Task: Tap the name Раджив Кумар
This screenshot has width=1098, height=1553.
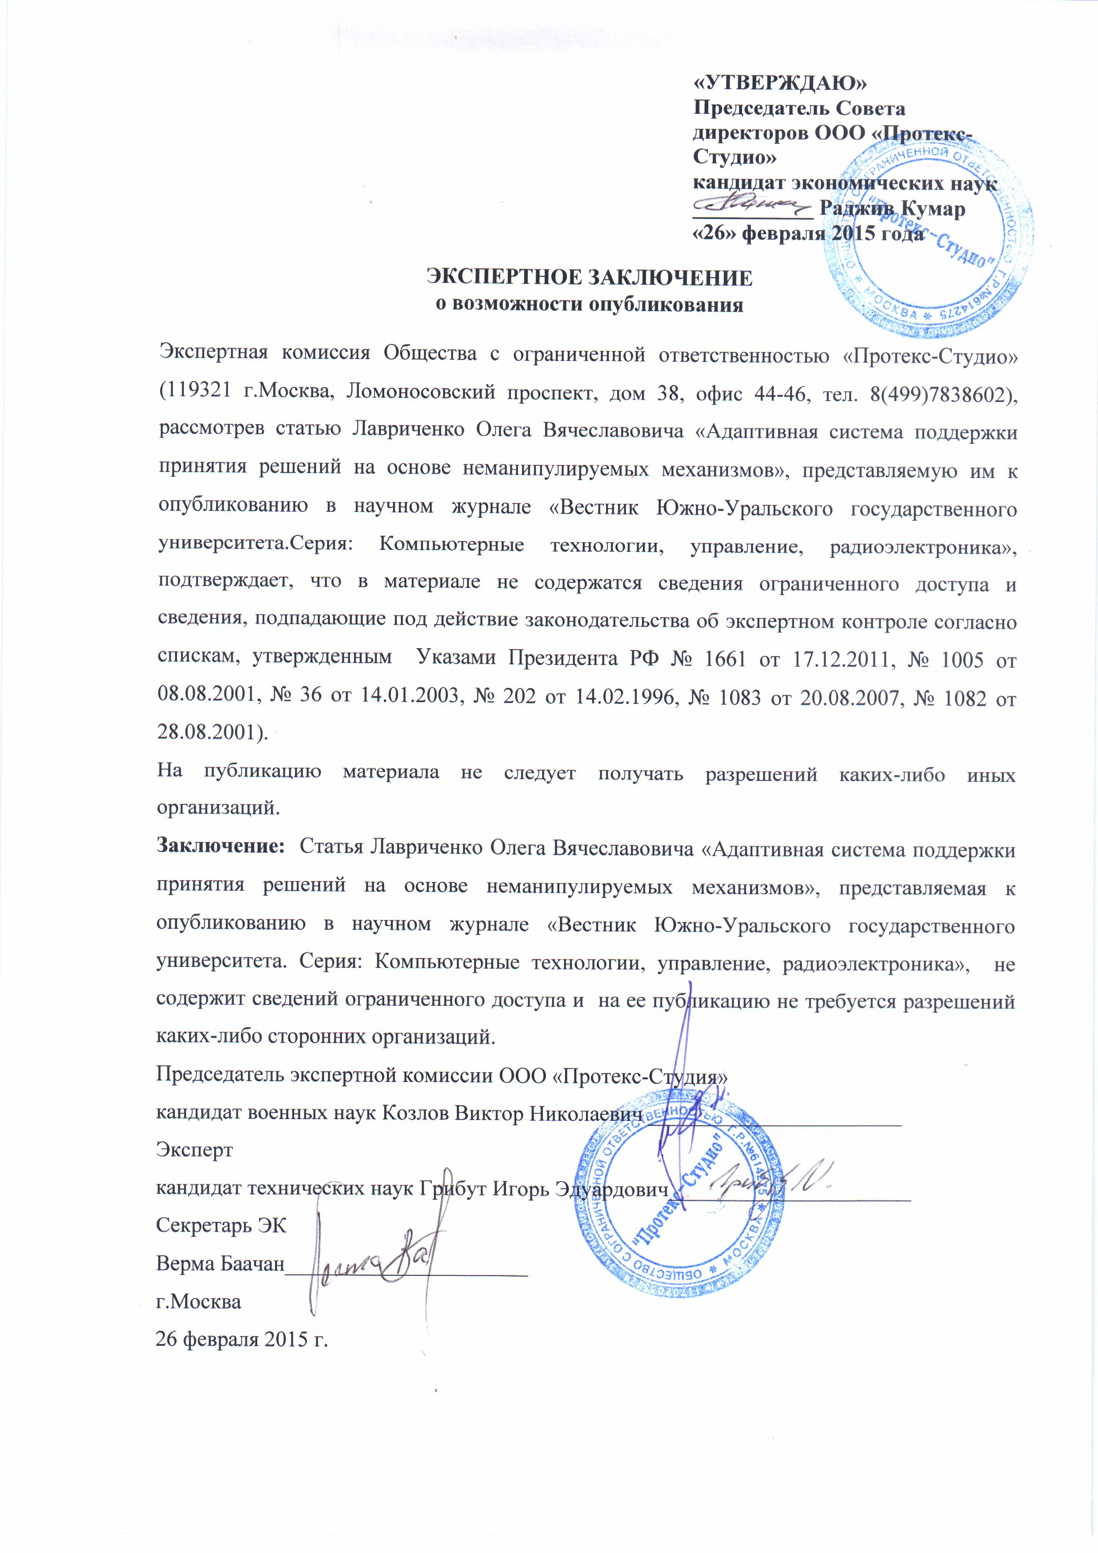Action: coord(892,209)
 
